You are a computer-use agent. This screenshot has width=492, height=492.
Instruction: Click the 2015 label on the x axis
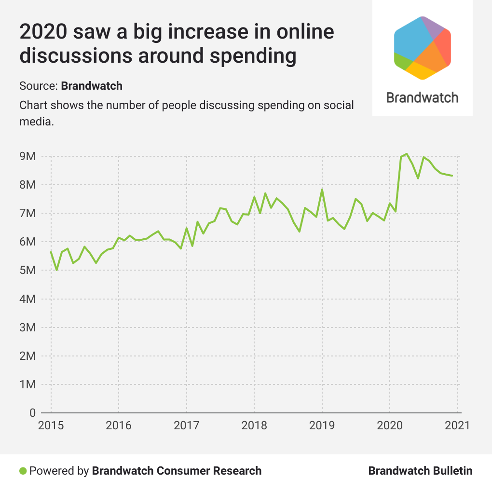[51, 425]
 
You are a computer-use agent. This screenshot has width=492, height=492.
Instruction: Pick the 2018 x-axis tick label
[254, 425]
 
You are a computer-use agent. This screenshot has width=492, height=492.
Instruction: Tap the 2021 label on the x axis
[457, 425]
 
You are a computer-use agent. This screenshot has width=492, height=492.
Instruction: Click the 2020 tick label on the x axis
[389, 425]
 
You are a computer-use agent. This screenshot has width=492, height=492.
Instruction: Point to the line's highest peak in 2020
[407, 154]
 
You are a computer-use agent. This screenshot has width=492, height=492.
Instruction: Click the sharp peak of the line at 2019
[322, 190]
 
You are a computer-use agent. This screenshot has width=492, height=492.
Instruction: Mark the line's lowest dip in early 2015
[57, 270]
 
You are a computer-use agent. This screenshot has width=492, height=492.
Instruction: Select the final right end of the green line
[452, 176]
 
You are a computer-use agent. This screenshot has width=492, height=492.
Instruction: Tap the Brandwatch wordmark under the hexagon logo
[422, 97]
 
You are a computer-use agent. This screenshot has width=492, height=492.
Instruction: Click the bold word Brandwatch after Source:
[92, 86]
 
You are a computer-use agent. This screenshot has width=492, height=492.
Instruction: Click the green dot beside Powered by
[23, 471]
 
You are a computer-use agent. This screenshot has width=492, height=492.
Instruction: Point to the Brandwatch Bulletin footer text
[420, 471]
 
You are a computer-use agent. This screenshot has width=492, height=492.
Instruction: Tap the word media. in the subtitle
[36, 122]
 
